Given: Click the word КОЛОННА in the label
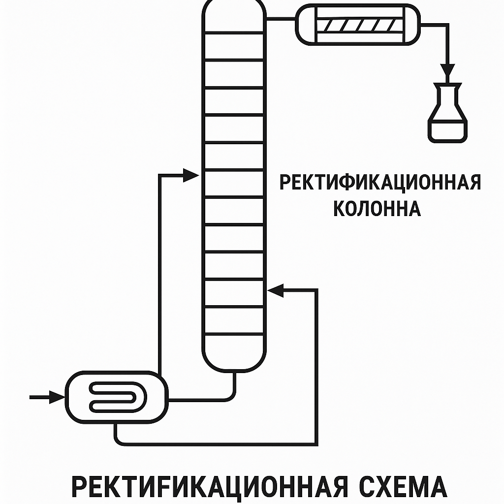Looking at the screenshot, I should [x=377, y=209].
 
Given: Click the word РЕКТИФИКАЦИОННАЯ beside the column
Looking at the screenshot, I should [x=380, y=182].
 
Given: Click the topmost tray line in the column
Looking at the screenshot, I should [x=234, y=32].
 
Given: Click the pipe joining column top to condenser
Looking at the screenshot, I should [x=281, y=20].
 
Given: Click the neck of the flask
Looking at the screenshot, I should [x=447, y=91].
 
